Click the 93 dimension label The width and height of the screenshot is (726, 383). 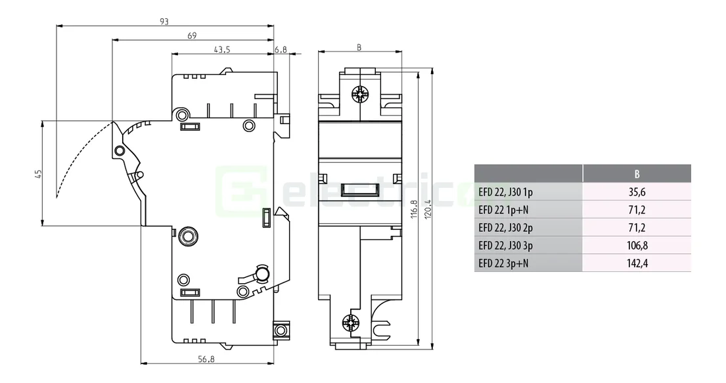tap(164, 21)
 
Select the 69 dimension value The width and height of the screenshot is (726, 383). tap(192, 35)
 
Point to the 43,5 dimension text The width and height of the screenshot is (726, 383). tap(222, 50)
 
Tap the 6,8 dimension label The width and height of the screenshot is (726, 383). tap(281, 50)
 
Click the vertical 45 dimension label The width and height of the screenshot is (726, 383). tap(38, 174)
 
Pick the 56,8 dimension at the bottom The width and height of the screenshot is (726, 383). tap(207, 359)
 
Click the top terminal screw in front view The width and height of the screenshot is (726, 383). tap(359, 95)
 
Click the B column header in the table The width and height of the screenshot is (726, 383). tap(637, 174)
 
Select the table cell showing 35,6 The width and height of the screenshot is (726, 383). tap(637, 192)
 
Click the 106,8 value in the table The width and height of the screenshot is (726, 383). tap(637, 246)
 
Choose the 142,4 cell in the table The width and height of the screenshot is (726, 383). tap(637, 263)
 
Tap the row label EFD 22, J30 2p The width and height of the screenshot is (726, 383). tap(507, 228)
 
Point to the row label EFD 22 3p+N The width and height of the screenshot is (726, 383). tap(504, 263)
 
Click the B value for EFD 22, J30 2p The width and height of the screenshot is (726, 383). tap(637, 228)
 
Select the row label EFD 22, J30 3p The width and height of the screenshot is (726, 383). tap(507, 246)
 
